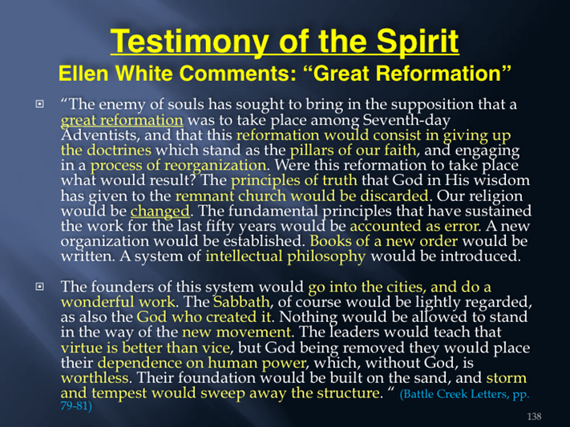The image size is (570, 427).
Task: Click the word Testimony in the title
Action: pos(188,42)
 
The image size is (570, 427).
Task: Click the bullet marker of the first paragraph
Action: pos(39,104)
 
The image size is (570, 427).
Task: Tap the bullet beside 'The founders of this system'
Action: pos(39,287)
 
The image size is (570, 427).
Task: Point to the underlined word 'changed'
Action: pos(160,211)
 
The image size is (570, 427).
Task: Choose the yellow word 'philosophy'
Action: pos(326,256)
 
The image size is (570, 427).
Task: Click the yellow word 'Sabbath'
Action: pos(241,302)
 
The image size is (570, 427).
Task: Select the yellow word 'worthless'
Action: pos(95,378)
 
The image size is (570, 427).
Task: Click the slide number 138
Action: pos(534,417)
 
